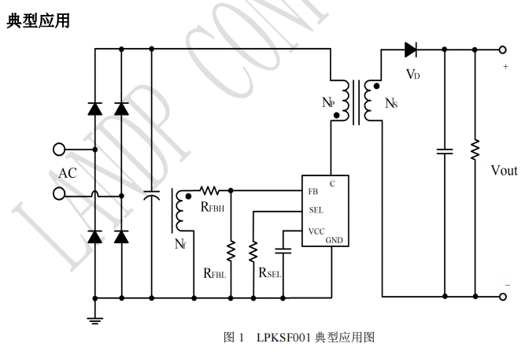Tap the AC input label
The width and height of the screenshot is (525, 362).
68,172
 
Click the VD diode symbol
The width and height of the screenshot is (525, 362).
410,50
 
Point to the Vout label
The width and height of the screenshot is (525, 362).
504,171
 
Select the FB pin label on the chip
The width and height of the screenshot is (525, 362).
313,191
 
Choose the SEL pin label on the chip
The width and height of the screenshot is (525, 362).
316,211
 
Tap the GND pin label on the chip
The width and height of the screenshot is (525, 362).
336,239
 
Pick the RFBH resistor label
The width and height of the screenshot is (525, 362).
213,208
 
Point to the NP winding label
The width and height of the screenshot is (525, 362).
328,103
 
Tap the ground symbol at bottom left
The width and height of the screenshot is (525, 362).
94,319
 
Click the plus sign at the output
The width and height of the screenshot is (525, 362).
506,68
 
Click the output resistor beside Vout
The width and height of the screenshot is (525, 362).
475,150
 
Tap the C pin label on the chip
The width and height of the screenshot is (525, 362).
333,183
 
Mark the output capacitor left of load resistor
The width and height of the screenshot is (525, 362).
445,150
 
